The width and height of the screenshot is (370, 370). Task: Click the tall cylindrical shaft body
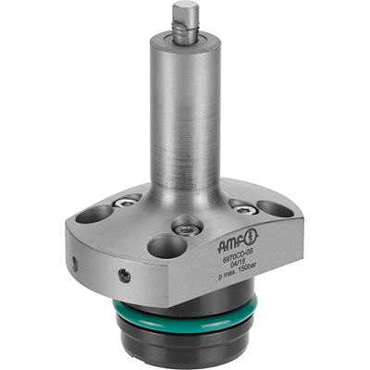184,111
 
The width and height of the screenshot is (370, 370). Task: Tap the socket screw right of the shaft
240,206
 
